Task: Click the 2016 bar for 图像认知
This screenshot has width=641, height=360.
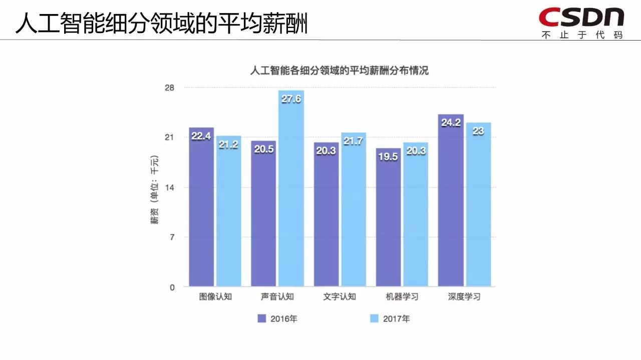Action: (x=201, y=210)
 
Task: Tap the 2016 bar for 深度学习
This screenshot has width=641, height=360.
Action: (x=451, y=205)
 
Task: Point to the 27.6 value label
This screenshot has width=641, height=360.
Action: (x=291, y=99)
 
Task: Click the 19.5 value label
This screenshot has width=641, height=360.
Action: (x=388, y=157)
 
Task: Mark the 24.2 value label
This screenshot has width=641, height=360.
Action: (x=451, y=123)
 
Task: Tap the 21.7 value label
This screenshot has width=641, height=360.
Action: (x=354, y=141)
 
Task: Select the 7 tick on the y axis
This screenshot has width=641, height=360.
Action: (x=172, y=237)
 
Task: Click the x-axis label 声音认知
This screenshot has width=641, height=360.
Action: (x=277, y=296)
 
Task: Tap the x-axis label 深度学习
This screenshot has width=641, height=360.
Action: (x=464, y=296)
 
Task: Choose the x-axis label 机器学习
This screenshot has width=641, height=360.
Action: (x=402, y=296)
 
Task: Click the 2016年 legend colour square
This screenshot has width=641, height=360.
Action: (x=261, y=318)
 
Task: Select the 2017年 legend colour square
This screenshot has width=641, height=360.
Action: (x=374, y=318)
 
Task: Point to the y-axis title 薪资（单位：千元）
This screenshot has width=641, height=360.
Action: (x=155, y=190)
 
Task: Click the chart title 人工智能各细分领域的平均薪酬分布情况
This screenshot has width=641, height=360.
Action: (x=339, y=71)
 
